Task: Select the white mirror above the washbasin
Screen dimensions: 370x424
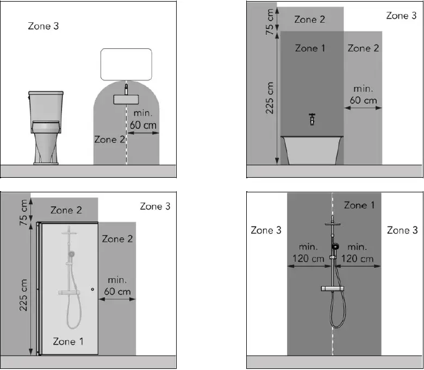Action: click(x=126, y=64)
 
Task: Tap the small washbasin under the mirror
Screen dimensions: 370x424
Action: click(x=126, y=99)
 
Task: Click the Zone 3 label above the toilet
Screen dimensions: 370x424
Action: click(x=43, y=26)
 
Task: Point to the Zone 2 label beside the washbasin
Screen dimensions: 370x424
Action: click(x=110, y=140)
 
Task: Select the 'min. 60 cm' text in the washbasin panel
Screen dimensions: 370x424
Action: click(x=144, y=120)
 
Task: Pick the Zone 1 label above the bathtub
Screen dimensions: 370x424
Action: click(x=310, y=48)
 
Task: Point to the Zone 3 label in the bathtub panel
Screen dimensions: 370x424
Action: click(x=401, y=16)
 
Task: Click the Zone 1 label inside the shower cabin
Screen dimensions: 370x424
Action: click(x=68, y=341)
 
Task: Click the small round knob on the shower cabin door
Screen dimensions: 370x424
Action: click(x=93, y=290)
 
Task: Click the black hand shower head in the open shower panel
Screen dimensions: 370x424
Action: click(x=335, y=248)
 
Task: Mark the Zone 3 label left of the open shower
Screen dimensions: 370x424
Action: click(x=266, y=230)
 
